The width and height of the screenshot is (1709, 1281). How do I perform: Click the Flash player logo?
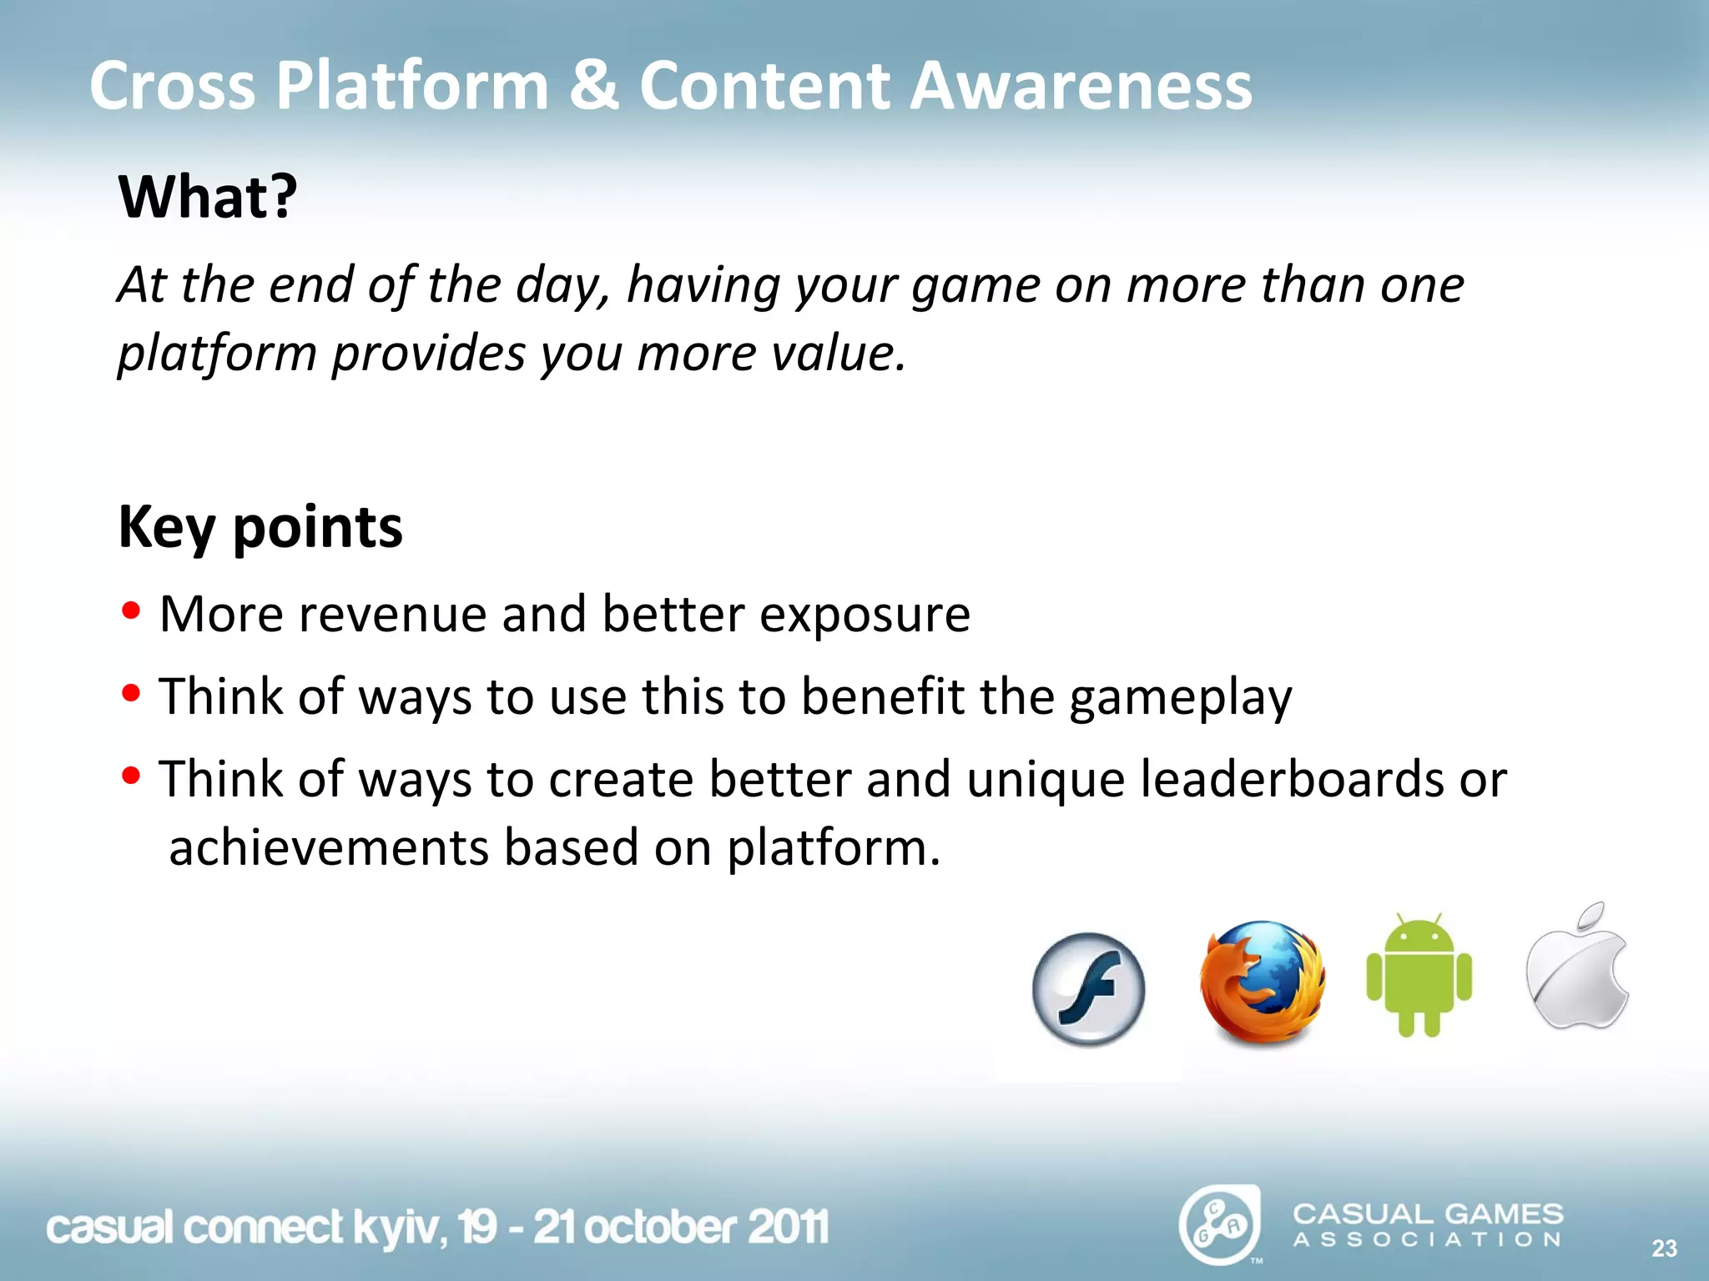[x=1088, y=989]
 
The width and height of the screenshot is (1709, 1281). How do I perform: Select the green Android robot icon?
[x=1419, y=976]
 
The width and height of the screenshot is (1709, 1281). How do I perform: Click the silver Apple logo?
[x=1577, y=967]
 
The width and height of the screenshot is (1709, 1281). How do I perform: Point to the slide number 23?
[x=1664, y=1248]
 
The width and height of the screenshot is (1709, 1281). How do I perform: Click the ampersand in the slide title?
[x=594, y=85]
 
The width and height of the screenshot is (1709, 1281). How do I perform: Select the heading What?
[x=208, y=198]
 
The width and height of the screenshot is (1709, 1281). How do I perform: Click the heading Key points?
[x=260, y=528]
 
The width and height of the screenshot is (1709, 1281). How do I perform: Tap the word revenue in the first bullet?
[x=392, y=615]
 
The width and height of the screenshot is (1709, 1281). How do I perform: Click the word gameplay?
[x=1180, y=698]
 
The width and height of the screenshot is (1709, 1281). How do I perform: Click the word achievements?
[x=329, y=848]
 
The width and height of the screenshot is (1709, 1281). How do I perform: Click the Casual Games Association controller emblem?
[x=1219, y=1225]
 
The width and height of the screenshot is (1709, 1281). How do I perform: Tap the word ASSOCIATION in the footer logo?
[x=1427, y=1240]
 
